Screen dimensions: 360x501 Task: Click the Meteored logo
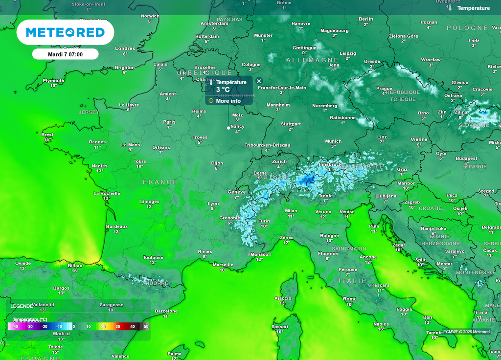[x=65, y=33]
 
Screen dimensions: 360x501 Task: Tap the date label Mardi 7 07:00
[x=65, y=54]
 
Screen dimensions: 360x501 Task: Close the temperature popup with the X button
[x=259, y=81]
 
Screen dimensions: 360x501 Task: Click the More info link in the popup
[x=228, y=101]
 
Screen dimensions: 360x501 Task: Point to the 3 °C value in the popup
[x=223, y=90]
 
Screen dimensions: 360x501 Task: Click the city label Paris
[x=169, y=122]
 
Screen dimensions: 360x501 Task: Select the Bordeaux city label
[x=117, y=226]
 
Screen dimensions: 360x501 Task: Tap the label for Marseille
[x=223, y=265]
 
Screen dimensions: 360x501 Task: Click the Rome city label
[x=350, y=299]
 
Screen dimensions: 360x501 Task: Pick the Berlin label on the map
[x=365, y=19]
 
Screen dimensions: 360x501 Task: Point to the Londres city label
[x=125, y=48]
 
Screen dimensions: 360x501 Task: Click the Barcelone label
[x=166, y=311]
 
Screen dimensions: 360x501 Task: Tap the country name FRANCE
[x=160, y=182]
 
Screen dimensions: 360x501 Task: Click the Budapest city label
[x=466, y=158]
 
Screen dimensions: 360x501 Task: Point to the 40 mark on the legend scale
[x=132, y=326]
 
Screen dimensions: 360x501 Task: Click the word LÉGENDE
[x=22, y=306]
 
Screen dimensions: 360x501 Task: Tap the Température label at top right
[x=473, y=8]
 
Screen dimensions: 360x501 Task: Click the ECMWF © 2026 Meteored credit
[x=466, y=332]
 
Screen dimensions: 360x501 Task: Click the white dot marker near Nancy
[x=228, y=128]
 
